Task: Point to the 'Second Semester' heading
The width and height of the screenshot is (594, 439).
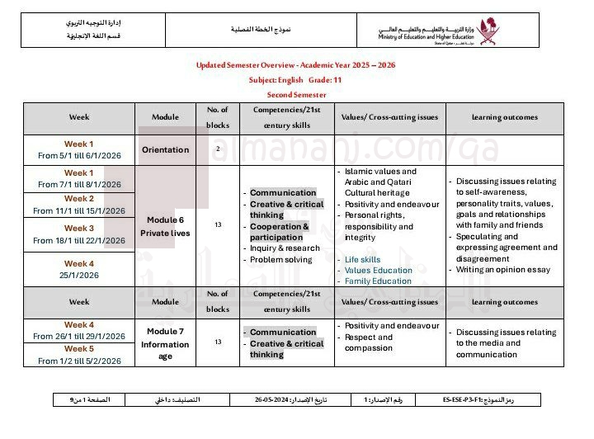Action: point(296,95)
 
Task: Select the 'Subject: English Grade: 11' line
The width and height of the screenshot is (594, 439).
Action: point(296,80)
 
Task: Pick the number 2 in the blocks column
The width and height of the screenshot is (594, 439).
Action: point(218,149)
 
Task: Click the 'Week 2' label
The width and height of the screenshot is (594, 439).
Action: point(79,199)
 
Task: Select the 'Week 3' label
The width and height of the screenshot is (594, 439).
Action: point(79,228)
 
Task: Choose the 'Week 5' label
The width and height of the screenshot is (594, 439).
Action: point(79,348)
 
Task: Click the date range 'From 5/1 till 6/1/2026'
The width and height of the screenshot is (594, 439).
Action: point(79,155)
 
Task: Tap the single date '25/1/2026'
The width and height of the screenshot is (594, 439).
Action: point(79,275)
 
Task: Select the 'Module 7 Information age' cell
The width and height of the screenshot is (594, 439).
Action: point(165,343)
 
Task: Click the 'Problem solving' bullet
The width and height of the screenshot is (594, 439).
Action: point(281,260)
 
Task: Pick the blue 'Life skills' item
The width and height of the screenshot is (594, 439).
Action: point(363,259)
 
